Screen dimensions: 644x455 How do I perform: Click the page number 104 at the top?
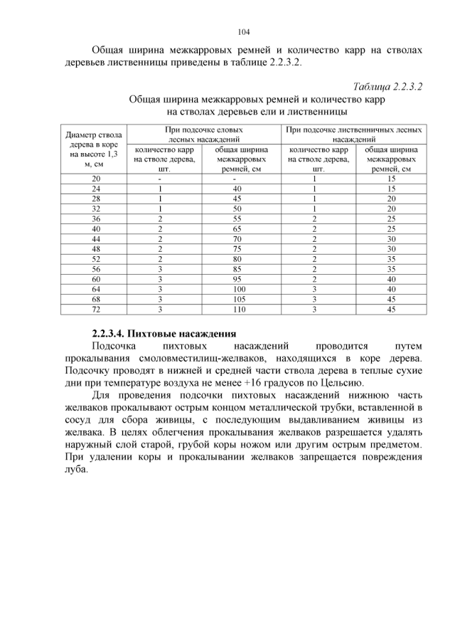244,32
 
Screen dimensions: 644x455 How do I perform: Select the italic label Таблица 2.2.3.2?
388,87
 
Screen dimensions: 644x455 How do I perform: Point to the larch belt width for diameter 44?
390,240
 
